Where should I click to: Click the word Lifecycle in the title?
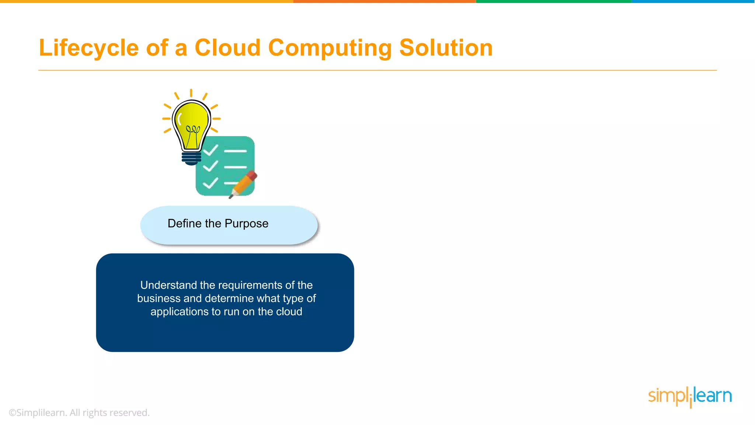[x=88, y=48]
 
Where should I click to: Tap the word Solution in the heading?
[x=446, y=48]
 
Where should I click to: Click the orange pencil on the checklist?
[x=243, y=184]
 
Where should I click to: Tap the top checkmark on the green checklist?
[x=211, y=150]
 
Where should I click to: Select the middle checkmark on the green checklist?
[x=211, y=166]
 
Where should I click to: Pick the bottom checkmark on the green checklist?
[x=211, y=183]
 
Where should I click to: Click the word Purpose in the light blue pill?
[x=246, y=224]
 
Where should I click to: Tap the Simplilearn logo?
[x=689, y=396]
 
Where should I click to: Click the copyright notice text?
[x=79, y=413]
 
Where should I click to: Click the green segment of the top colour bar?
[x=553, y=1]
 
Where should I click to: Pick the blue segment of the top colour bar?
[x=693, y=1]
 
